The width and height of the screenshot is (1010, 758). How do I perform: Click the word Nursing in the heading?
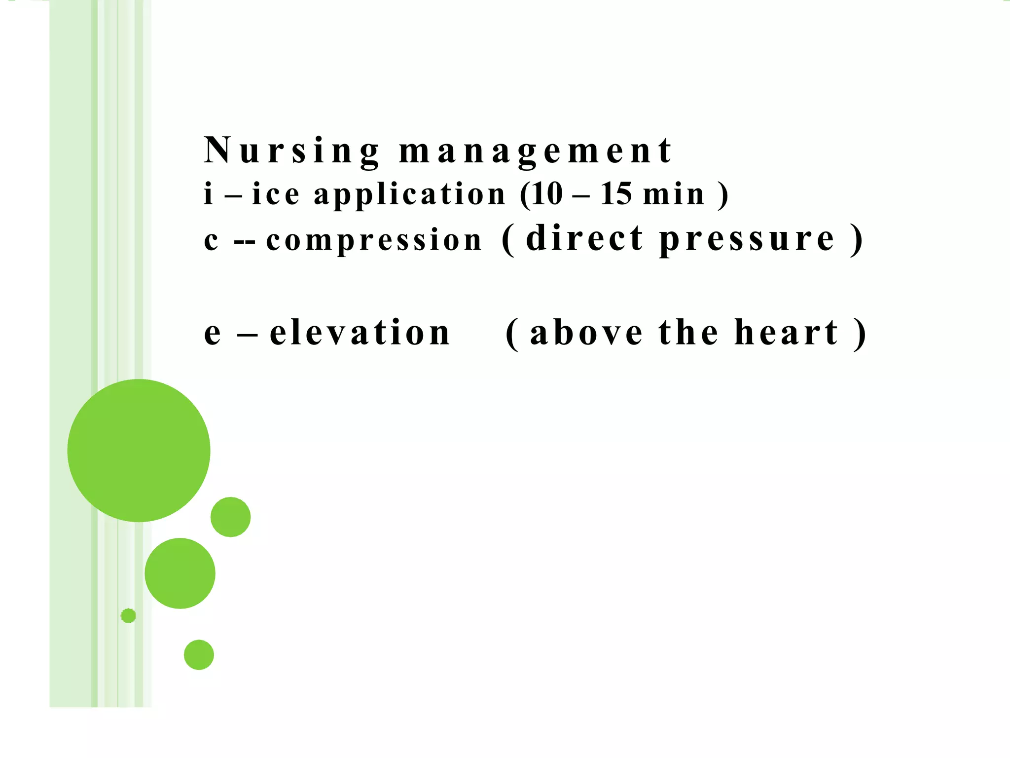(292, 151)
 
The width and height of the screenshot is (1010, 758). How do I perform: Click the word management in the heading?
(535, 151)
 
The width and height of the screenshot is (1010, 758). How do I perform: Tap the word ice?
(276, 193)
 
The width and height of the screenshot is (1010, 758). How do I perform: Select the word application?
(410, 194)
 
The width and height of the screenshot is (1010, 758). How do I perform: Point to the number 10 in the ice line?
(546, 193)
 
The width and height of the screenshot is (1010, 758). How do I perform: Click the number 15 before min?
(616, 193)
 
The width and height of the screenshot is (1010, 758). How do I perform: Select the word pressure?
(747, 240)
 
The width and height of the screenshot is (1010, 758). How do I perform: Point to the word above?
(586, 333)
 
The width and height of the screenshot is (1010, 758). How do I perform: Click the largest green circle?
(139, 450)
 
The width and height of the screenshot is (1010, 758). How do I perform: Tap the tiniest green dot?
(128, 615)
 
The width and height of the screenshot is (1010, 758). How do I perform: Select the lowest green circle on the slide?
(199, 654)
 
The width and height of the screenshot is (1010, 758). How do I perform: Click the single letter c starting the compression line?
(211, 241)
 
